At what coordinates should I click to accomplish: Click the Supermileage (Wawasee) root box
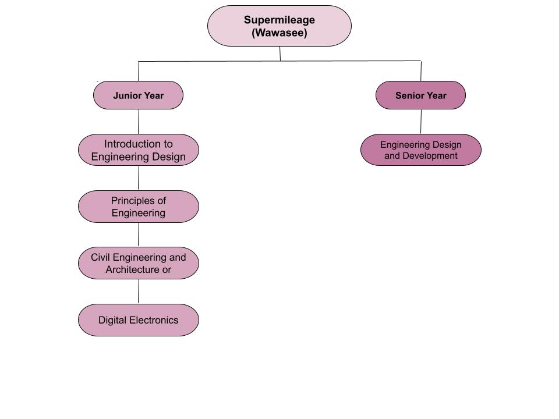coord(279,26)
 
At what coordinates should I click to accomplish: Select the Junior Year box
coord(138,95)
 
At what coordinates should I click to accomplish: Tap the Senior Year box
coord(420,95)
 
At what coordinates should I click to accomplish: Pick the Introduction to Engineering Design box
coord(138,150)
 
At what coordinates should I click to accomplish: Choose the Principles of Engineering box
coord(138,207)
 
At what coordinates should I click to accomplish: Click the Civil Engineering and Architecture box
coord(138,263)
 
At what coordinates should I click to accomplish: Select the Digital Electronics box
coord(138,320)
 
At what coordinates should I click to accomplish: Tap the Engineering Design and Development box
coord(420,150)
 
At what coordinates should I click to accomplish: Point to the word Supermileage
coord(279,20)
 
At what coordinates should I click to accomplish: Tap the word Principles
coord(139,201)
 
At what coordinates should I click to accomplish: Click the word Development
coord(430,156)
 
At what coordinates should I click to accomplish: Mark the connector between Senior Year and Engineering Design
coord(421,122)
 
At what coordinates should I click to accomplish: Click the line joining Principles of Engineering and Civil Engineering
coord(139,235)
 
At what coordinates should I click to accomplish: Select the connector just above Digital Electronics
coord(139,292)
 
